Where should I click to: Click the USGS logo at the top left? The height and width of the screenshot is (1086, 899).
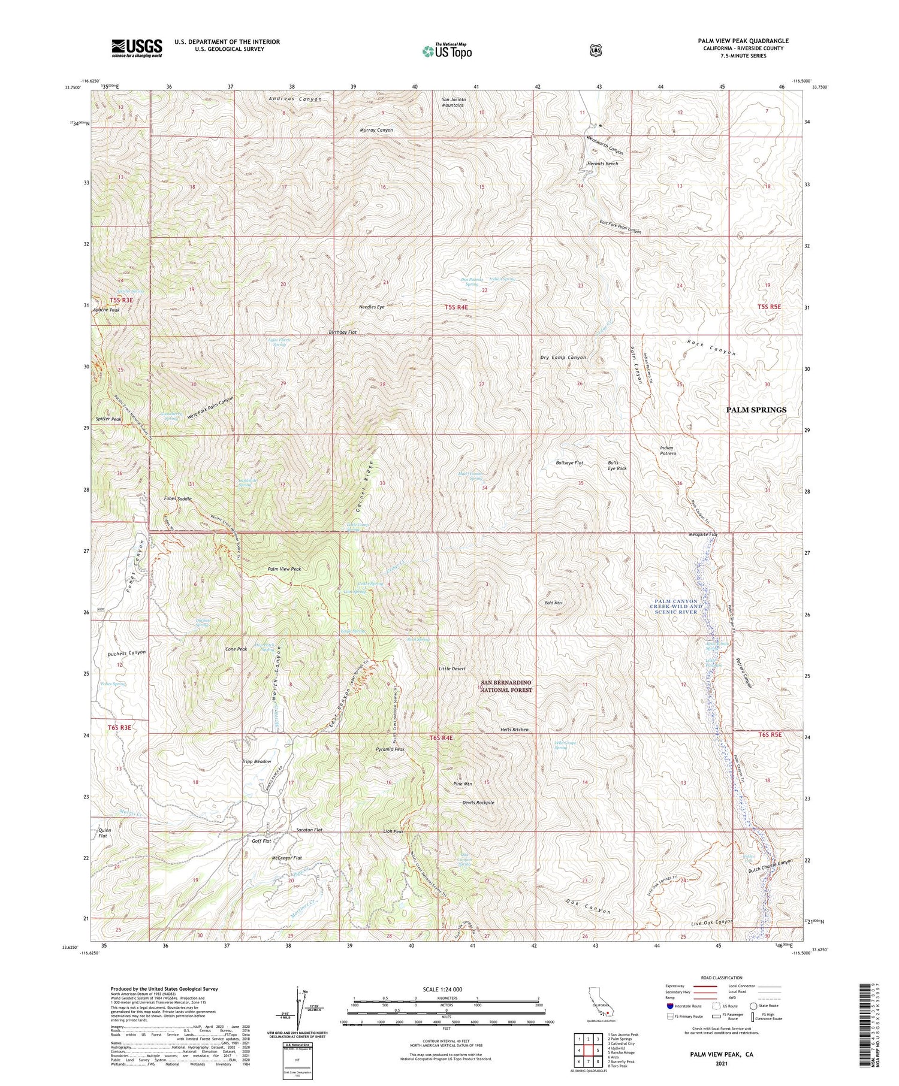pos(137,48)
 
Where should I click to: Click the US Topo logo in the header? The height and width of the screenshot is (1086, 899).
pos(447,51)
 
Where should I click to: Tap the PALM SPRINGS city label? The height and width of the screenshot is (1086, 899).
pos(756,410)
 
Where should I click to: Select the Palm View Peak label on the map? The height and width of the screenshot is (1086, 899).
pos(284,569)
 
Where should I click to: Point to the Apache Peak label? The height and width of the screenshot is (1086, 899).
pos(105,310)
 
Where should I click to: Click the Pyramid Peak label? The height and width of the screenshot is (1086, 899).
pos(390,749)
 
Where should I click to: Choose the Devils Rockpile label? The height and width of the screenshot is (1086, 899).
pos(478,803)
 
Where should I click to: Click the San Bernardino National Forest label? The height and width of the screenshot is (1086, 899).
pos(508,686)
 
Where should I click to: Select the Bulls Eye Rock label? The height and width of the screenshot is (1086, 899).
pos(617,465)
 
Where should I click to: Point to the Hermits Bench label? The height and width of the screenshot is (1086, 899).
pos(602,164)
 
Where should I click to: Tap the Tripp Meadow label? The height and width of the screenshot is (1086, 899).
pos(256,762)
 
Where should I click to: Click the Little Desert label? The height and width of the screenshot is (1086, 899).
pos(452,668)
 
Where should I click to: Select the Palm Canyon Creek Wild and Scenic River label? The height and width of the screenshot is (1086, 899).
pos(676,606)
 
